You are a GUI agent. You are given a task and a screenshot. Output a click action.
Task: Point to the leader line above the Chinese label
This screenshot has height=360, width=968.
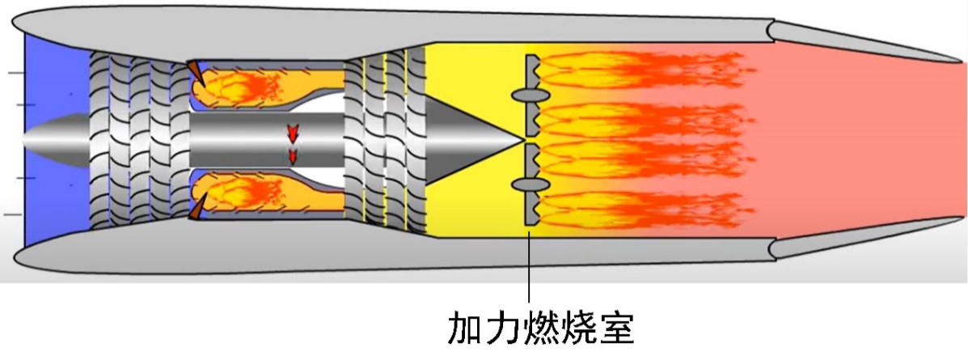click(530, 267)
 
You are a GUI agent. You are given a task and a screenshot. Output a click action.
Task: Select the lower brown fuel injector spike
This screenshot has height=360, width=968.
click(195, 209)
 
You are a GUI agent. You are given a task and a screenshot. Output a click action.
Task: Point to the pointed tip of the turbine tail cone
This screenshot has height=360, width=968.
click(520, 138)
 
